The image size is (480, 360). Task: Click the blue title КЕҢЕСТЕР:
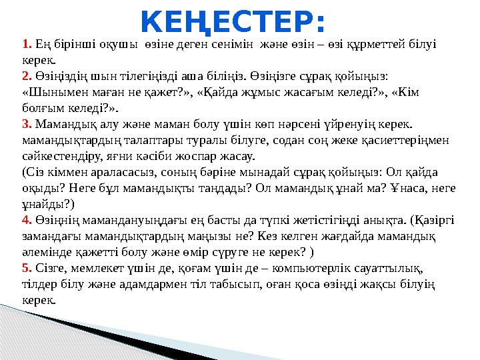coord(233,23)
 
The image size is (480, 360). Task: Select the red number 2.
coord(27,78)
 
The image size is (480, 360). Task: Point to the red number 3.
coord(27,125)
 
